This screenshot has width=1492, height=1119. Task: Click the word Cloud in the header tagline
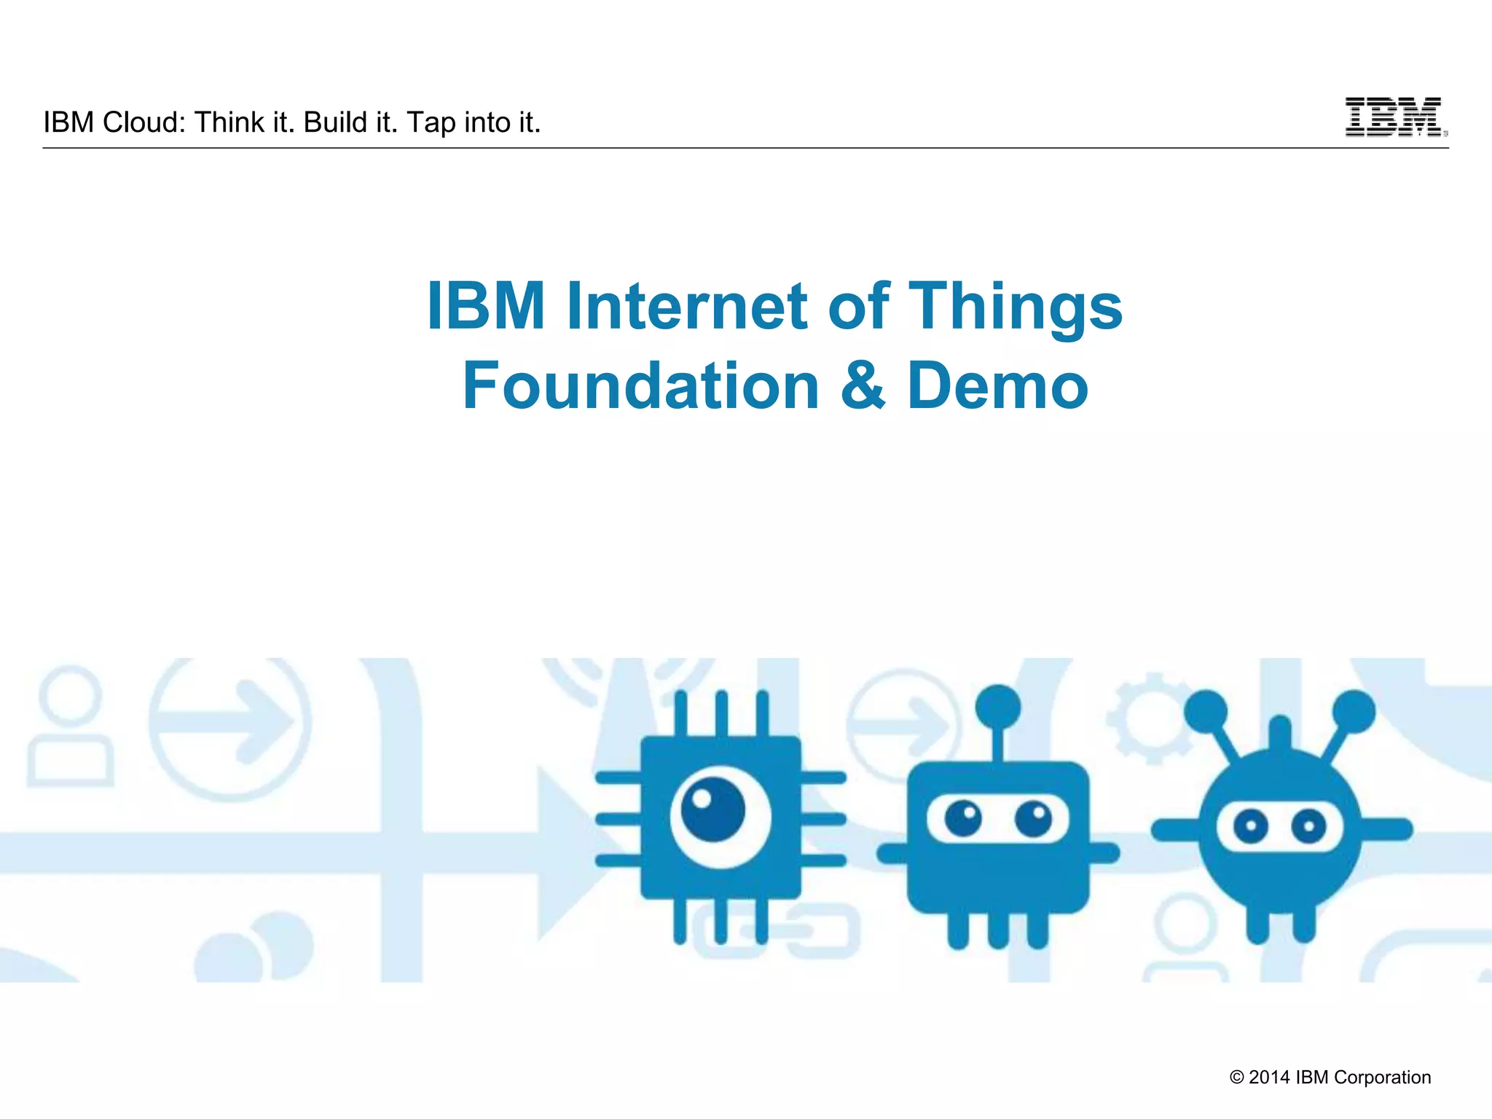(x=144, y=122)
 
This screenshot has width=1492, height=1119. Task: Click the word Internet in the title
(x=687, y=306)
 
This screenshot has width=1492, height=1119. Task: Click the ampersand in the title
(x=863, y=386)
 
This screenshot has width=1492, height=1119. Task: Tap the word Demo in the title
(x=997, y=386)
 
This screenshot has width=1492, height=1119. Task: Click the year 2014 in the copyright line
(x=1269, y=1077)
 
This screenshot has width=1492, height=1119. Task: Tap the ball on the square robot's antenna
(x=997, y=705)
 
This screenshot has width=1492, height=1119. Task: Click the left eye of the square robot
(x=963, y=819)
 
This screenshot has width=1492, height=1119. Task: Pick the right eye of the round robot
(x=1308, y=826)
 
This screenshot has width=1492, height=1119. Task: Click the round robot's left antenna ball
(x=1206, y=710)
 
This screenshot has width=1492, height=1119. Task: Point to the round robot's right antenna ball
(x=1354, y=710)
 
